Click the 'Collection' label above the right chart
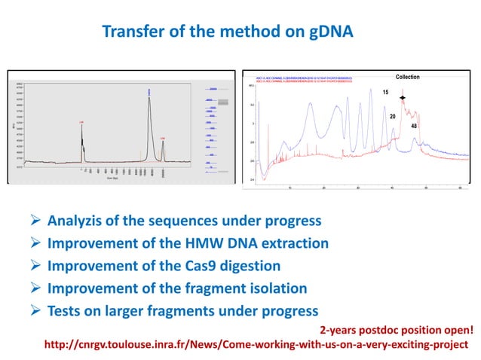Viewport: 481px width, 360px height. tap(407, 77)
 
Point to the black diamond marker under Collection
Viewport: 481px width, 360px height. tap(403, 99)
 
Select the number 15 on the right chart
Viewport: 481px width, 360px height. tap(384, 93)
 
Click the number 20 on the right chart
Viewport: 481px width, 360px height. tap(393, 117)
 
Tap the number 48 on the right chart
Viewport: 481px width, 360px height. tap(414, 127)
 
